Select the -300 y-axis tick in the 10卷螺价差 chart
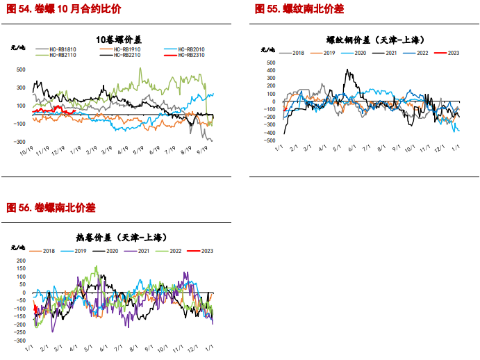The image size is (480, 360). click(20, 141)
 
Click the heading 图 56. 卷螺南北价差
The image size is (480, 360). click(51, 208)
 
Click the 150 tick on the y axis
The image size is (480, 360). click(21, 269)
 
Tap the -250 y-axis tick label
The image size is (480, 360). click(19, 333)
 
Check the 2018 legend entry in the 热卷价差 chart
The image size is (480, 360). click(49, 250)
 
